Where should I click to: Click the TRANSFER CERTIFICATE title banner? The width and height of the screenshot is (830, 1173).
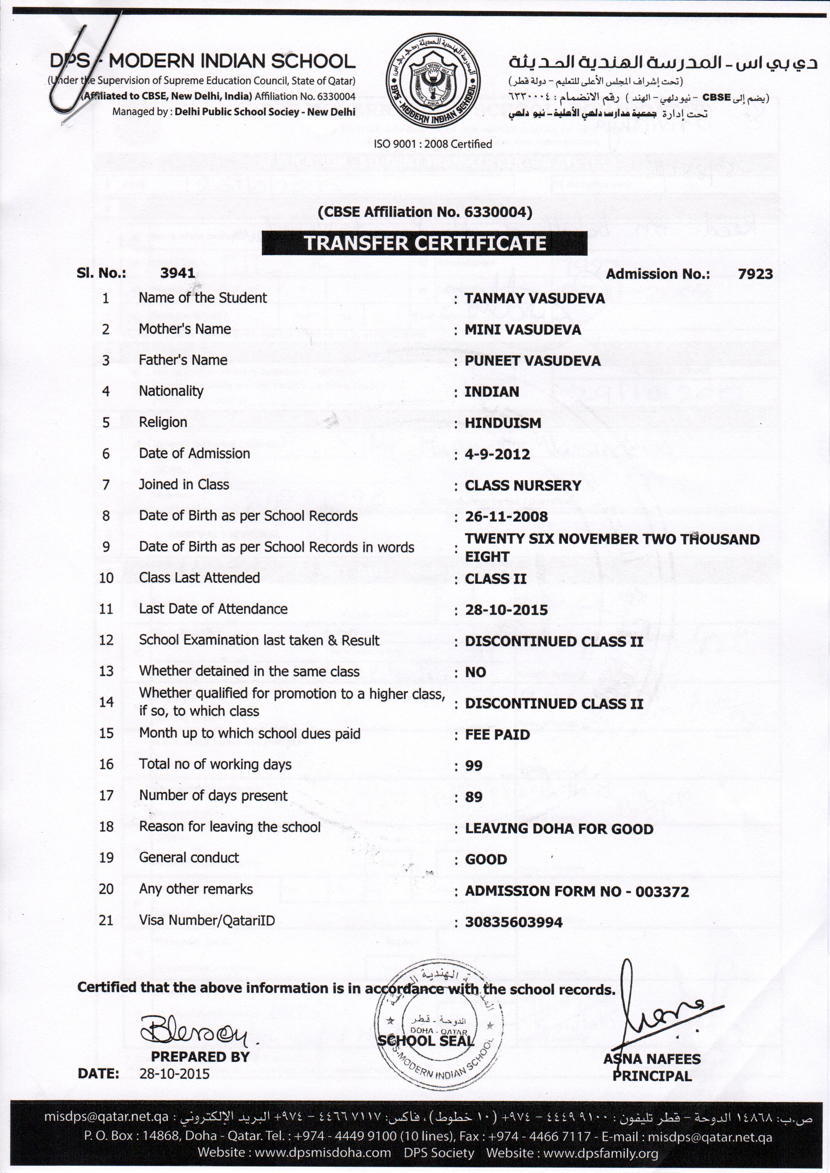tap(424, 243)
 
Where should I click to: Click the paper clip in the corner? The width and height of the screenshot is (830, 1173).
tap(87, 67)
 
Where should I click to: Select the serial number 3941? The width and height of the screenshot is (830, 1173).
tap(177, 273)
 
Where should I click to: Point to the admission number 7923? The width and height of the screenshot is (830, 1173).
tap(755, 274)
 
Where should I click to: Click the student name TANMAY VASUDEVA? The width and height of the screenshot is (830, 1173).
tap(534, 298)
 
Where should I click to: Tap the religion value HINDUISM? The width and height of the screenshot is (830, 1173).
tap(502, 423)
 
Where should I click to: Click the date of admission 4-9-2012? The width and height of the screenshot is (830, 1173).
tap(497, 454)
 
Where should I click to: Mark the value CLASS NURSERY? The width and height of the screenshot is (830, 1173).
tap(522, 485)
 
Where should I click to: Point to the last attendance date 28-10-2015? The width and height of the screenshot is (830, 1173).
tap(506, 610)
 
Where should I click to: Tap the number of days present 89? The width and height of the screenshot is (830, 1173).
tap(474, 797)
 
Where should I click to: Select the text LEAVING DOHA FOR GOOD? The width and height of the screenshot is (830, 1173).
tap(559, 829)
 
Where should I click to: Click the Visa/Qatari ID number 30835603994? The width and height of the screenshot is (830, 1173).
tap(513, 922)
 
